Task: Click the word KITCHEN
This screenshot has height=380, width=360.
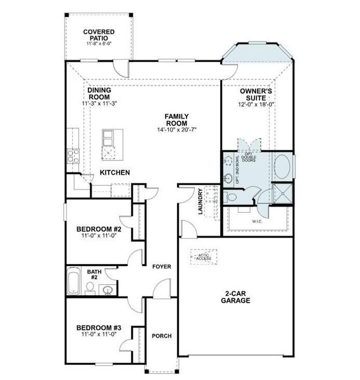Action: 115,172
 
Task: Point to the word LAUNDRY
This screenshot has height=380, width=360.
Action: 200,201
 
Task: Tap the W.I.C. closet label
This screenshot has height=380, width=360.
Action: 257,222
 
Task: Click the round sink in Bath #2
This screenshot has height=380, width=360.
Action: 108,291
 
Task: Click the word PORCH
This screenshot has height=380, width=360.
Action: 161,336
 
